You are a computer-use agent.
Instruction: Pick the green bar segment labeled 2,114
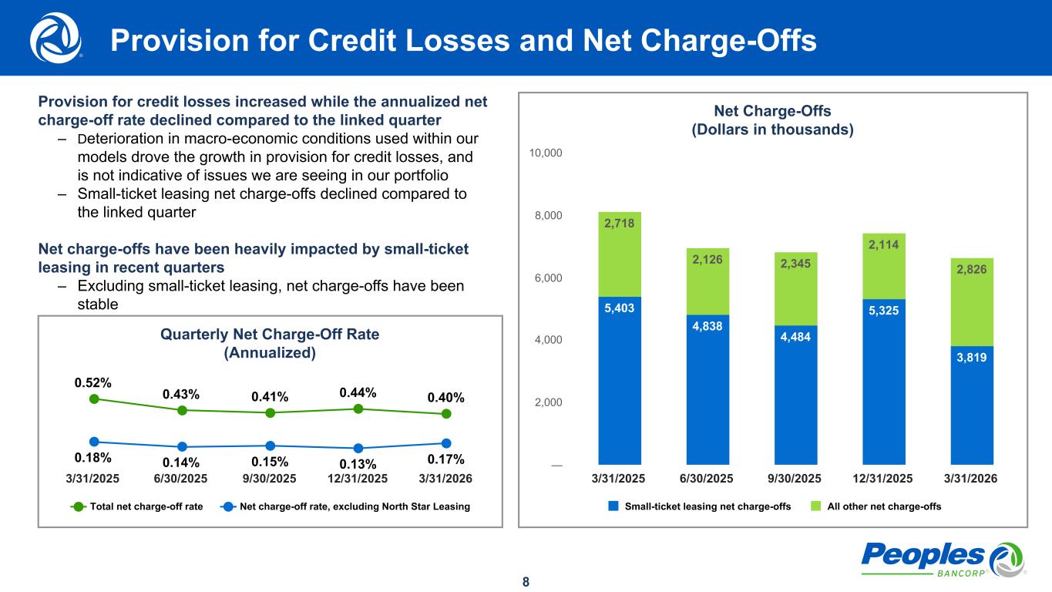point(884,266)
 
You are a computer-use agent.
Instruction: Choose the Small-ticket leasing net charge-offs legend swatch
point(613,506)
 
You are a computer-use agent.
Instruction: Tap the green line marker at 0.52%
point(94,399)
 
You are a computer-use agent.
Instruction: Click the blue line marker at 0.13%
point(358,448)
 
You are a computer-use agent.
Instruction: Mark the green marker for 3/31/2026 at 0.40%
point(446,414)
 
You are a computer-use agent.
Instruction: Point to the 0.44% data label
point(358,393)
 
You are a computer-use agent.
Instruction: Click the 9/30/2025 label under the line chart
point(270,478)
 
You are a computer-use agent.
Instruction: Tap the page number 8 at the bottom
point(526,581)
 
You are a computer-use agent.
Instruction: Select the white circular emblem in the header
point(54,38)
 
